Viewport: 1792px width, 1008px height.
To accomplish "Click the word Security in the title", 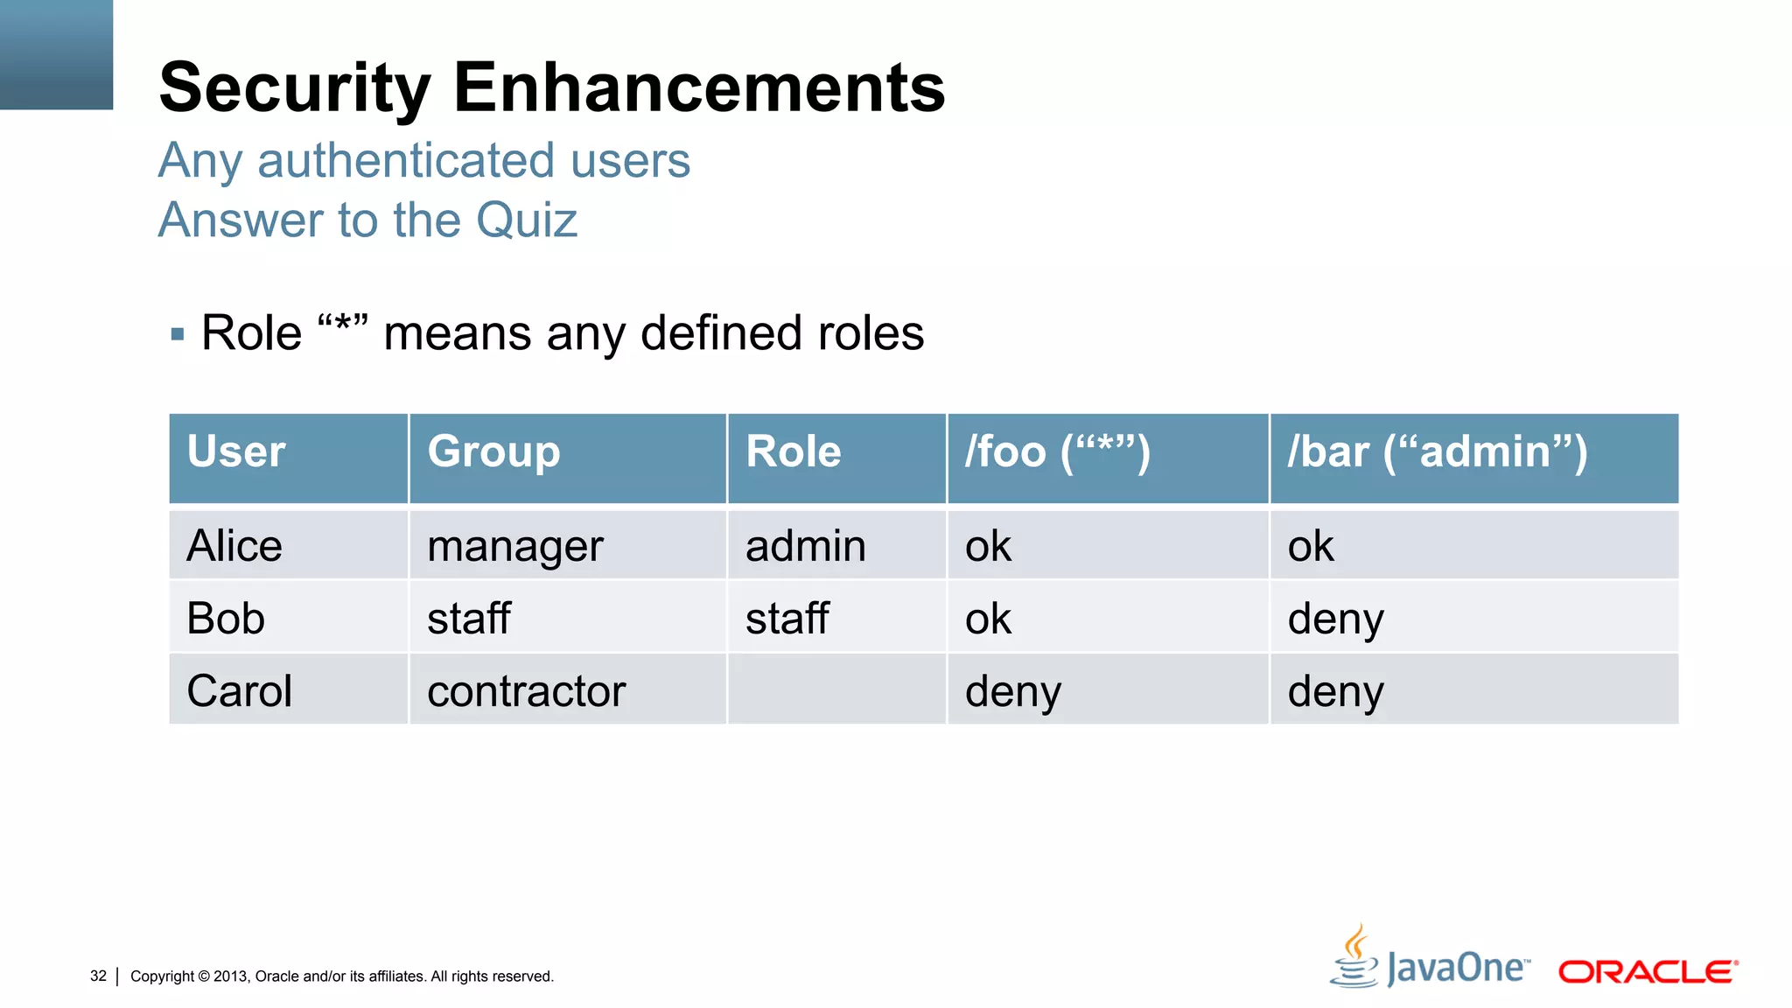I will tap(294, 88).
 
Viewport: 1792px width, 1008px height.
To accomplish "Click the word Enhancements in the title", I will tap(699, 88).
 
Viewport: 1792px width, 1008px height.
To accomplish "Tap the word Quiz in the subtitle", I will tap(527, 220).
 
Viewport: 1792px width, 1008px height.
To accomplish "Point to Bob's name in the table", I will tap(226, 619).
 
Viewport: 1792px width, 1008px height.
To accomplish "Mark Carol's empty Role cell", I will tap(836, 689).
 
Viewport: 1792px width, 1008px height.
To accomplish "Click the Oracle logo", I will tap(1647, 972).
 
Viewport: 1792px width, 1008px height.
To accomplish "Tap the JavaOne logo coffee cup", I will tap(1354, 957).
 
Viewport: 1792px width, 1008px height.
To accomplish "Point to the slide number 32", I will tap(98, 976).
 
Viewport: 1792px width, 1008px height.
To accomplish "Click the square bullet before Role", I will tap(178, 334).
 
